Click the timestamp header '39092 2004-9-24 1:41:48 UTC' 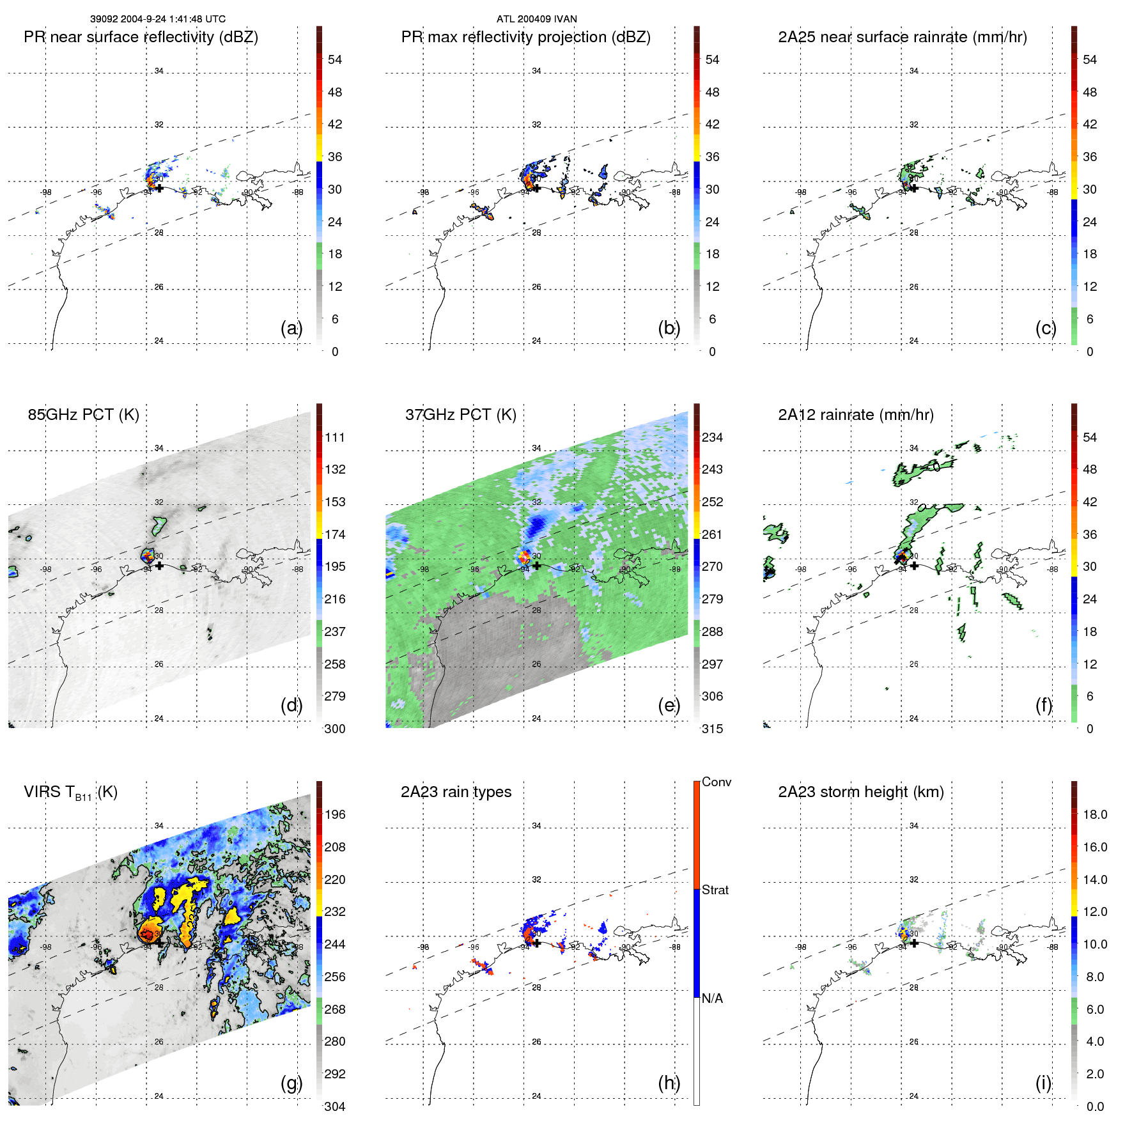pyautogui.click(x=157, y=19)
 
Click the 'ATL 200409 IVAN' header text pyautogui.click(x=536, y=19)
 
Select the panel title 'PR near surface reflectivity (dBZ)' pyautogui.click(x=141, y=37)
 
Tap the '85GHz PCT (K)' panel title pyautogui.click(x=83, y=415)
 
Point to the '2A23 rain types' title pyautogui.click(x=456, y=792)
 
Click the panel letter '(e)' pyautogui.click(x=669, y=705)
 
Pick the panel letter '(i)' pyautogui.click(x=1043, y=1083)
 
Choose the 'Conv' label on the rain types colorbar pyautogui.click(x=716, y=782)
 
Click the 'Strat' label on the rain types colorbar pyautogui.click(x=715, y=890)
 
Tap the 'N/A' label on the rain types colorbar pyautogui.click(x=712, y=998)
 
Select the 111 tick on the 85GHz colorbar pyautogui.click(x=335, y=437)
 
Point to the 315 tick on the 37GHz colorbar pyautogui.click(x=712, y=729)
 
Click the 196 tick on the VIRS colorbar pyautogui.click(x=335, y=814)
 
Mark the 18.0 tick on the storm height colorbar pyautogui.click(x=1094, y=814)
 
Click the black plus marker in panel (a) pyautogui.click(x=159, y=189)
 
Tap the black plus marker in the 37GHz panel pyautogui.click(x=537, y=566)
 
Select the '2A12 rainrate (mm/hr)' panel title pyautogui.click(x=855, y=415)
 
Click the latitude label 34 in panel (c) pyautogui.click(x=913, y=71)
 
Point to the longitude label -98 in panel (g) pyautogui.click(x=46, y=947)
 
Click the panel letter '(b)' pyautogui.click(x=669, y=328)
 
